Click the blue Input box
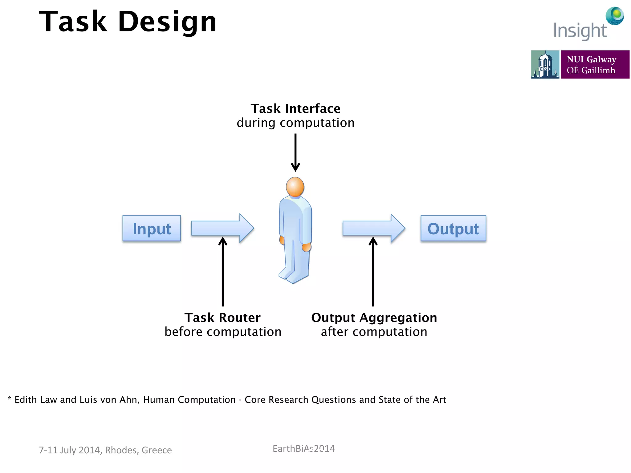[152, 228]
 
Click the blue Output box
[453, 228]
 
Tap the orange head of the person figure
[295, 187]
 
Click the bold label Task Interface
[295, 109]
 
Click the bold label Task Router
[222, 317]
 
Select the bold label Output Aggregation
[374, 317]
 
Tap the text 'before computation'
[223, 332]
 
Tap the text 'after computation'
[374, 332]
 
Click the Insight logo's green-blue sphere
[615, 15]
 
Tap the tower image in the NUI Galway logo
[545, 64]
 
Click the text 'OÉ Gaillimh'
[591, 71]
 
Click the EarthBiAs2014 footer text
[303, 449]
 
